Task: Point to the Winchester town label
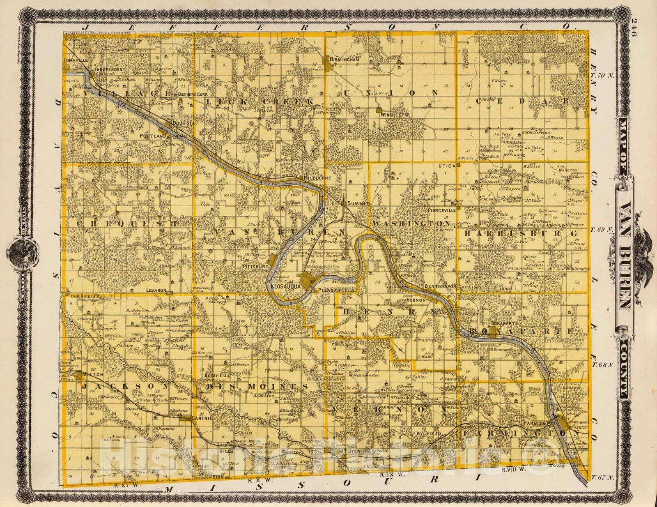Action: point(395,115)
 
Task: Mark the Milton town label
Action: point(91,376)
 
